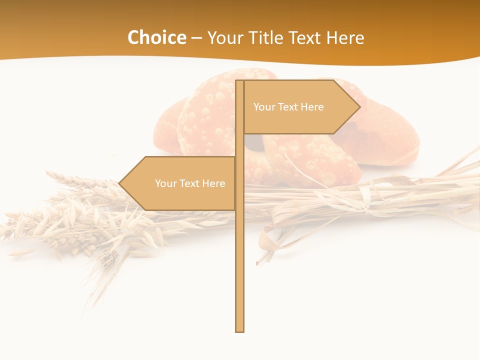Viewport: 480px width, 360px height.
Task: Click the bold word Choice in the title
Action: (x=156, y=37)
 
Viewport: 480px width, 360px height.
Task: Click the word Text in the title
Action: (x=306, y=38)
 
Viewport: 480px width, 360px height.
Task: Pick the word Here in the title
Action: (x=346, y=38)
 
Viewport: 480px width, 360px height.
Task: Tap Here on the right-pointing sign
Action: (x=312, y=107)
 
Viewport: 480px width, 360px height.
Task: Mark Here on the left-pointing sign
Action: (x=213, y=183)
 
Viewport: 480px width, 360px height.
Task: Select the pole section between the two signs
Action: (x=239, y=145)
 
